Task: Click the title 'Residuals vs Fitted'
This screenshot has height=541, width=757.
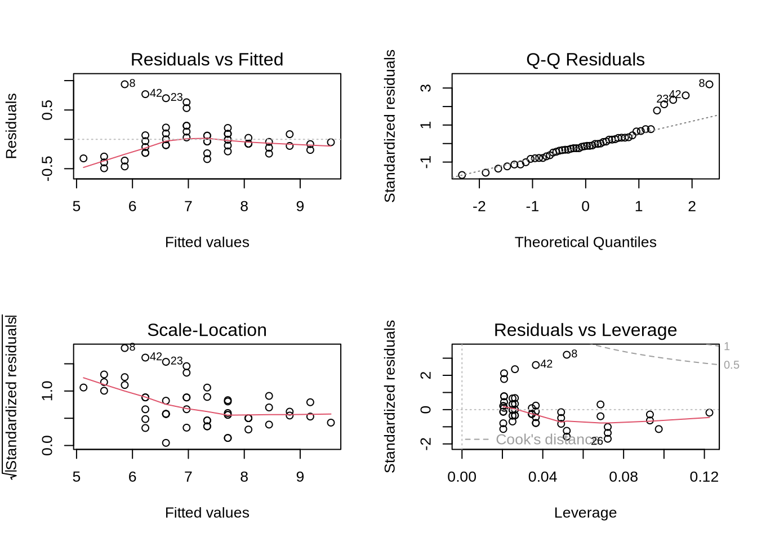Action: (207, 59)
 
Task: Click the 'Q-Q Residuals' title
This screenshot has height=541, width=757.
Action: (585, 59)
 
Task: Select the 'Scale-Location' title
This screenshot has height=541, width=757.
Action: (207, 330)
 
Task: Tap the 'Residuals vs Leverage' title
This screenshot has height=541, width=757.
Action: (585, 330)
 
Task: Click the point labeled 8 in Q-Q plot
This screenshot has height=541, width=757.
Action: (709, 85)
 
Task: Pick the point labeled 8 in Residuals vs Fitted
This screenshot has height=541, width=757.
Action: (124, 85)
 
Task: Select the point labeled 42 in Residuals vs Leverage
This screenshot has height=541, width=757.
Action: (536, 365)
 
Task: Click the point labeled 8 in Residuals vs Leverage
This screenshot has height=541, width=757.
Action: (567, 355)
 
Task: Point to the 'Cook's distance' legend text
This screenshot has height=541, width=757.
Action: (544, 440)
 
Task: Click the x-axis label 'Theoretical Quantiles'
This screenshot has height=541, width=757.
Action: (585, 242)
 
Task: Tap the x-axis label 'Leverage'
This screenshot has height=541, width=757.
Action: (585, 513)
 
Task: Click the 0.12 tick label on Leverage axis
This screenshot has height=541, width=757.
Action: (704, 477)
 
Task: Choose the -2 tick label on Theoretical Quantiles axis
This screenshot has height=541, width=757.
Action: (479, 207)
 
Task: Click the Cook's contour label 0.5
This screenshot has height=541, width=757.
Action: (731, 365)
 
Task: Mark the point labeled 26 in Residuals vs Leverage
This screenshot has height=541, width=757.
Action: (608, 438)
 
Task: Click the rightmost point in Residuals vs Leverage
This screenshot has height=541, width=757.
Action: (709, 413)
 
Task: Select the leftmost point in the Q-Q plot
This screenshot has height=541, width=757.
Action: (462, 175)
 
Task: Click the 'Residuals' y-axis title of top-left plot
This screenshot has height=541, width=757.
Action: (12, 126)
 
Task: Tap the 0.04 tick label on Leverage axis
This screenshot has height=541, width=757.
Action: (542, 477)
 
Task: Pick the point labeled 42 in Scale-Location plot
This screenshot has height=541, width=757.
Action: (145, 358)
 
